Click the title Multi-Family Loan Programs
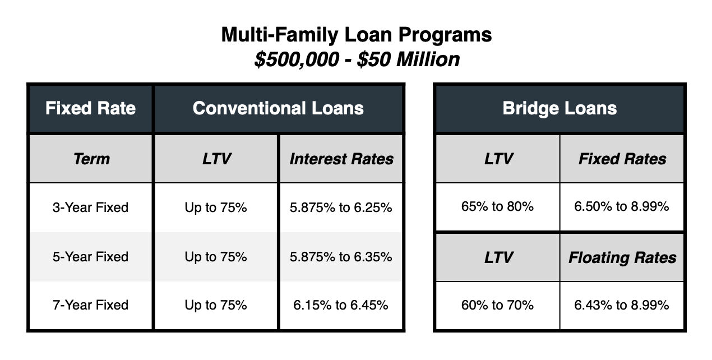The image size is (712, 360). (357, 35)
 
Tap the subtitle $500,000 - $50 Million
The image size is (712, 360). (357, 59)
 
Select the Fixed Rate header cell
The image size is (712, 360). (91, 108)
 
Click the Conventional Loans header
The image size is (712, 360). (278, 108)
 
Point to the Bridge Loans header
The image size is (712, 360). (560, 108)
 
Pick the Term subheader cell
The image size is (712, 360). (91, 159)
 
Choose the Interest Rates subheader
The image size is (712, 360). (341, 159)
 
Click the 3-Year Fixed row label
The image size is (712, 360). (91, 207)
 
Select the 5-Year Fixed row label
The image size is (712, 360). (91, 257)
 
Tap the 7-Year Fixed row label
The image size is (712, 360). (91, 305)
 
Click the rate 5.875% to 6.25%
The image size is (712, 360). (341, 207)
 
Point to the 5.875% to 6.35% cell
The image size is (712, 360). (341, 257)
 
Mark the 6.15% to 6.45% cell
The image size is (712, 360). (341, 305)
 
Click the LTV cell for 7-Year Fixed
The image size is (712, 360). (216, 305)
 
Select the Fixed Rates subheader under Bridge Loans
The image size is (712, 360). (622, 159)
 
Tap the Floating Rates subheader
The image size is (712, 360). (622, 257)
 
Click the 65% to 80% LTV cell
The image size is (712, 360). (497, 206)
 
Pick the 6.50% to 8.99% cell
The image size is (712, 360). (622, 206)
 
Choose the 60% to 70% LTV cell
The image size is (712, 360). (497, 305)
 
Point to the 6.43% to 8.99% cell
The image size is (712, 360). (622, 305)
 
